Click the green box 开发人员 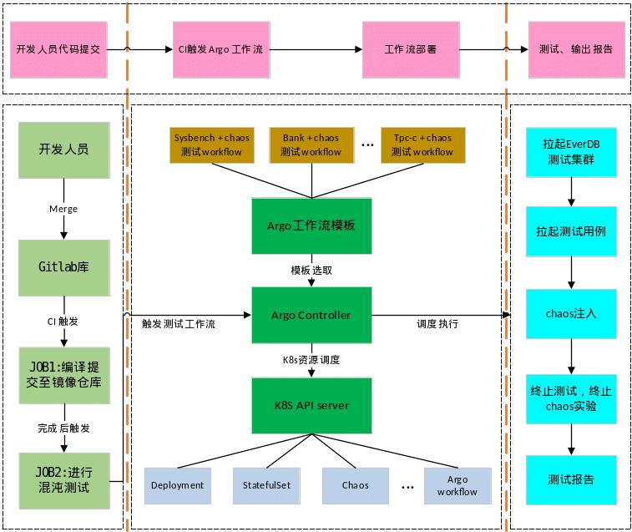64,151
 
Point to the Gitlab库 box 64,268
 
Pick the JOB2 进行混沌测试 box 64,481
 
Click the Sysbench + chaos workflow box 211,144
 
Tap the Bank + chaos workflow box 311,144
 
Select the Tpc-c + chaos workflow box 422,144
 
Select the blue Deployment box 178,485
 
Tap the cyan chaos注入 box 571,315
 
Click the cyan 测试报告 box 571,480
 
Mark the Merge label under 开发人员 63,208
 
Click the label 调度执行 437,323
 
